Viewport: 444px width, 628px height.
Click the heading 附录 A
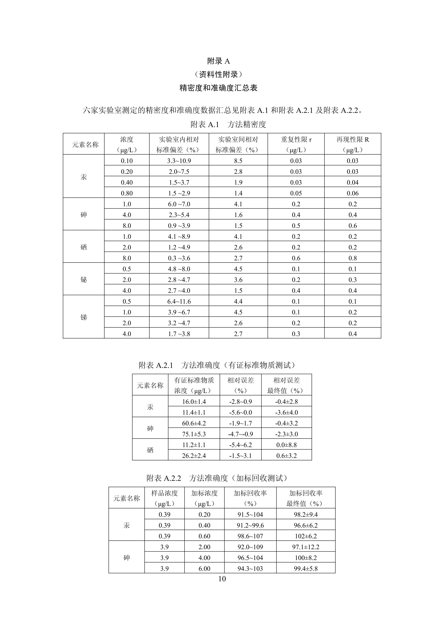point(218,61)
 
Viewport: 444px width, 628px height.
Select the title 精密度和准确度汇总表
point(218,88)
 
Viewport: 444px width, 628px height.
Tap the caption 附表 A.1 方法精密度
point(228,124)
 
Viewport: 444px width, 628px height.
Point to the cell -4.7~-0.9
point(240,434)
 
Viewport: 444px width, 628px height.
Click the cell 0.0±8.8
point(286,445)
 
